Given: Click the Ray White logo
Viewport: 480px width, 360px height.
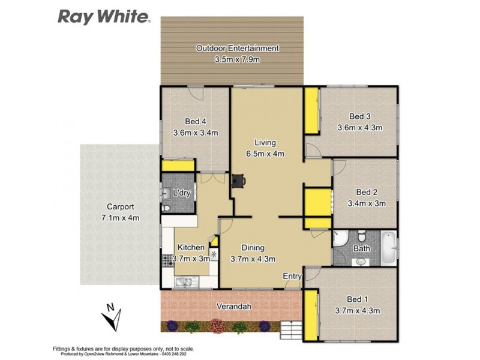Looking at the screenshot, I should click(x=103, y=16).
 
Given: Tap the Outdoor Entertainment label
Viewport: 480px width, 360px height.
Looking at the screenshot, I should click(x=237, y=48).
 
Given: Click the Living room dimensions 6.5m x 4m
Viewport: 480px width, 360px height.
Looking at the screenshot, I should click(x=265, y=153).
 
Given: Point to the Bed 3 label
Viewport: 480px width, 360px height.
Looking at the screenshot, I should click(x=360, y=116).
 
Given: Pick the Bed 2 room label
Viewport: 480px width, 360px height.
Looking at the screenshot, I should click(x=367, y=193).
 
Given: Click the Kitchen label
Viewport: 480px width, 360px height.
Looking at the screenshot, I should click(x=190, y=247).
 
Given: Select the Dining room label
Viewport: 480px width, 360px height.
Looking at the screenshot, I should click(x=253, y=248).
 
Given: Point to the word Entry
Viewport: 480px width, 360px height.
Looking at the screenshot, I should click(x=292, y=276).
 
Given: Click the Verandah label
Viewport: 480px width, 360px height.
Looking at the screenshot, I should click(x=233, y=307).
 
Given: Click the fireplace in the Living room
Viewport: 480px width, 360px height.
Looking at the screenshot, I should click(x=239, y=180).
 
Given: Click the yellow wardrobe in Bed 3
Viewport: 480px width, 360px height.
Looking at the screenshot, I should click(x=311, y=111).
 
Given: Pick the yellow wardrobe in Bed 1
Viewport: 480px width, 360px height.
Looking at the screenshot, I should click(x=310, y=317).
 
